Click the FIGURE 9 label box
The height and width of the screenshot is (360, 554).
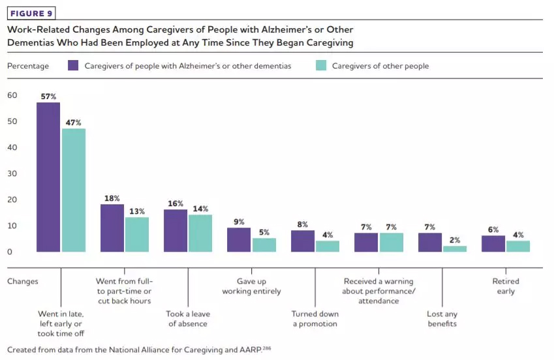click(31, 14)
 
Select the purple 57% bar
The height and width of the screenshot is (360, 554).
click(48, 177)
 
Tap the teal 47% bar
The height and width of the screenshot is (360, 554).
click(74, 190)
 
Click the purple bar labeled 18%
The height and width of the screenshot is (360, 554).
click(112, 228)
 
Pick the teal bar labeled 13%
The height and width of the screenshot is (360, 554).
click(137, 234)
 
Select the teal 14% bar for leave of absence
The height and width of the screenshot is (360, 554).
click(200, 233)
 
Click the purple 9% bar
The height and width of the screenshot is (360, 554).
click(239, 239)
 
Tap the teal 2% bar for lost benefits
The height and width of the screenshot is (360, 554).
click(455, 248)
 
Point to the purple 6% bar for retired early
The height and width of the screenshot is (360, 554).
click(493, 243)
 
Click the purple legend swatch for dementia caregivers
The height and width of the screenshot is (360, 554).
click(73, 66)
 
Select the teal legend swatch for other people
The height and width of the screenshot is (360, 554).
click(320, 66)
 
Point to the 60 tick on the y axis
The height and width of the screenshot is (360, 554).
click(12, 95)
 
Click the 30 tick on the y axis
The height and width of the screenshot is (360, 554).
click(12, 173)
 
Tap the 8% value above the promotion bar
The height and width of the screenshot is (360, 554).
click(303, 224)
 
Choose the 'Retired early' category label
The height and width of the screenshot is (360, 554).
click(506, 286)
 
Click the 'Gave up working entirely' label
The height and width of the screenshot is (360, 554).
click(251, 286)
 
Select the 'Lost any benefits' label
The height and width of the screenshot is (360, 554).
click(442, 319)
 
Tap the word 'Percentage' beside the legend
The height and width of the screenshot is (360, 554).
click(28, 66)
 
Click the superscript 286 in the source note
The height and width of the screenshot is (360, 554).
click(266, 347)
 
